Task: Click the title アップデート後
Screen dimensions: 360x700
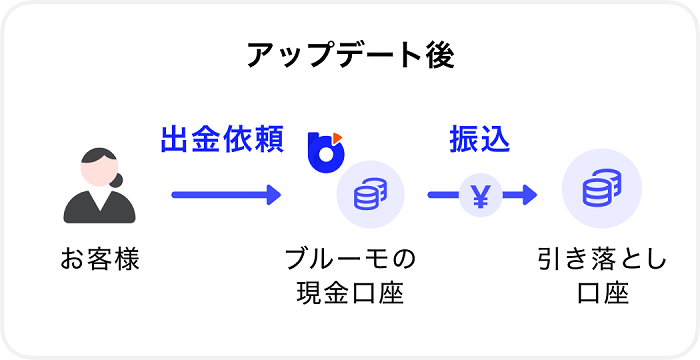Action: [350, 55]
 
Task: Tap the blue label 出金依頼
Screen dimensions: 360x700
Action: [222, 139]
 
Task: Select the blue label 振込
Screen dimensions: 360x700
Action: [479, 139]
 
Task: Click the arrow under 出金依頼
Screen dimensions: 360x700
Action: [226, 194]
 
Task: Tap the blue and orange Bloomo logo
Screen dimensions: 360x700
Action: [326, 151]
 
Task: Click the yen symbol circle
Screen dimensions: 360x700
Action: [480, 194]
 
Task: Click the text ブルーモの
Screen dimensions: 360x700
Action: [349, 261]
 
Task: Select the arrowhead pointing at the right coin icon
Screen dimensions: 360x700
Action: [526, 194]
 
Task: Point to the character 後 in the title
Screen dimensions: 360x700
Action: [441, 55]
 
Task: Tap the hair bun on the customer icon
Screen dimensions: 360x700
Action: [118, 180]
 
